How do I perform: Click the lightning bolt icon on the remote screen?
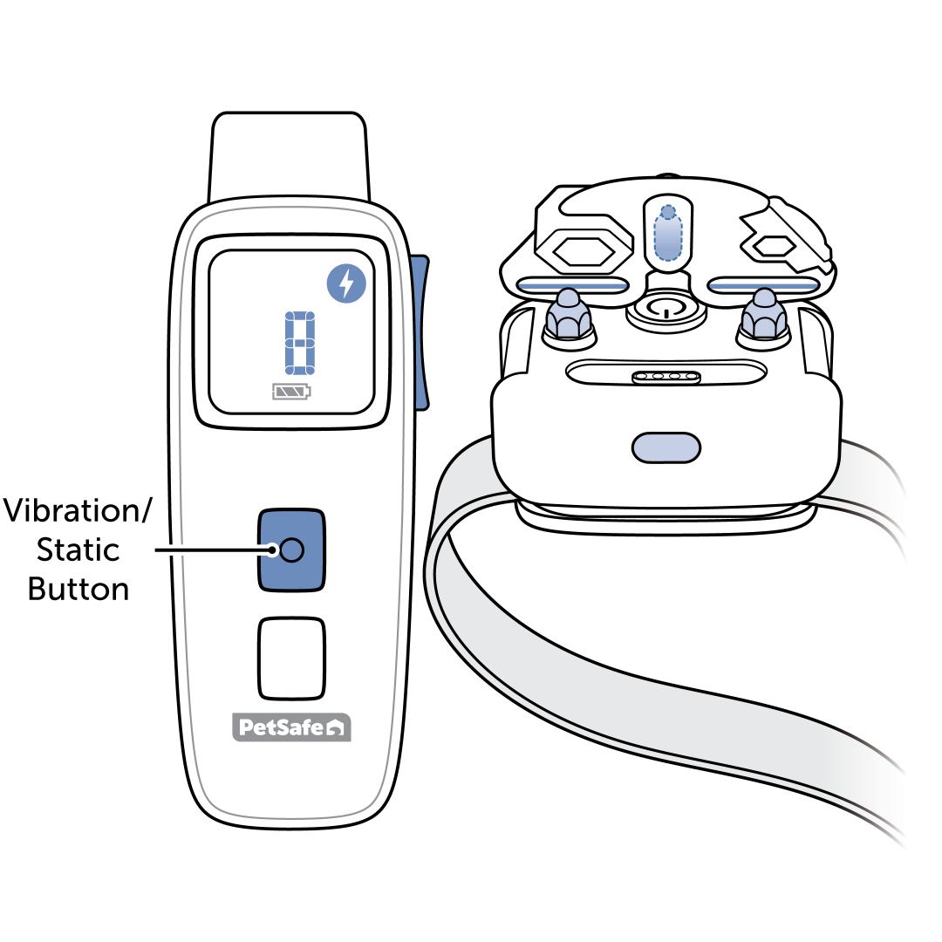[x=347, y=284]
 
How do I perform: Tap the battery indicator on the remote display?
[x=290, y=392]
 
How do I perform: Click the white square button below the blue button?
[x=291, y=659]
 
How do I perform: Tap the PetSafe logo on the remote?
[x=291, y=728]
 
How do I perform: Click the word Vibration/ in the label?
[x=77, y=511]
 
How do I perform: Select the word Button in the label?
[x=78, y=590]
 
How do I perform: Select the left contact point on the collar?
[x=569, y=316]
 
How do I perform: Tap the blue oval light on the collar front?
[x=666, y=447]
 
